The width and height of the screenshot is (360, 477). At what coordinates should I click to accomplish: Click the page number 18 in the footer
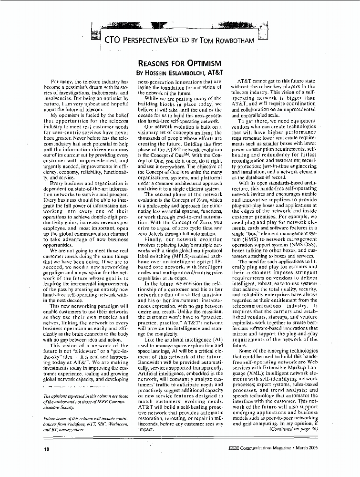pos(47,449)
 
